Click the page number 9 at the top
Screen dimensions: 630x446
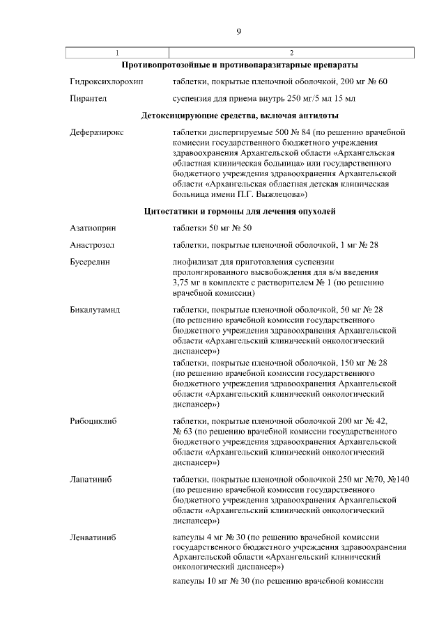pos(238,31)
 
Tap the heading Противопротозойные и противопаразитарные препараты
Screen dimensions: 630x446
pos(240,65)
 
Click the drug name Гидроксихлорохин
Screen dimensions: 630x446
pos(106,81)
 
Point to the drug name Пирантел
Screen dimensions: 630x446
pos(88,99)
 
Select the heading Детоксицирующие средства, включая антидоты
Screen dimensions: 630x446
pos(240,115)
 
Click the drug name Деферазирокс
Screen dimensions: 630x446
pos(97,132)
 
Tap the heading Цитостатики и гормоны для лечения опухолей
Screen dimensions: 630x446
pos(240,211)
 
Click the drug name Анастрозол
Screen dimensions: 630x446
pos(92,245)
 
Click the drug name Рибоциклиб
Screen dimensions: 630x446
pos(93,422)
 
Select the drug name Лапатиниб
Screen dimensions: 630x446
pos(91,480)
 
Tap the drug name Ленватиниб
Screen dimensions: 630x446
pos(93,537)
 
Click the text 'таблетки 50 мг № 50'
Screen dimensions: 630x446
pos(212,228)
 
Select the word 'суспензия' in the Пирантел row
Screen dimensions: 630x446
pos(193,99)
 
